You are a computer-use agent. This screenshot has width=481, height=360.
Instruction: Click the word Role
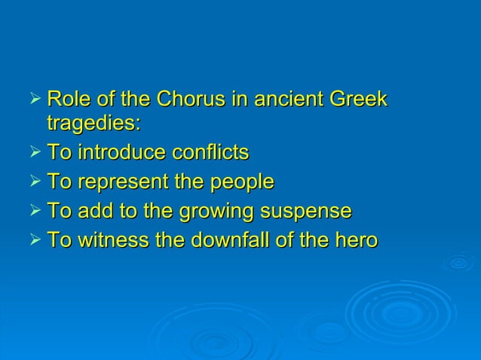(x=66, y=99)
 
